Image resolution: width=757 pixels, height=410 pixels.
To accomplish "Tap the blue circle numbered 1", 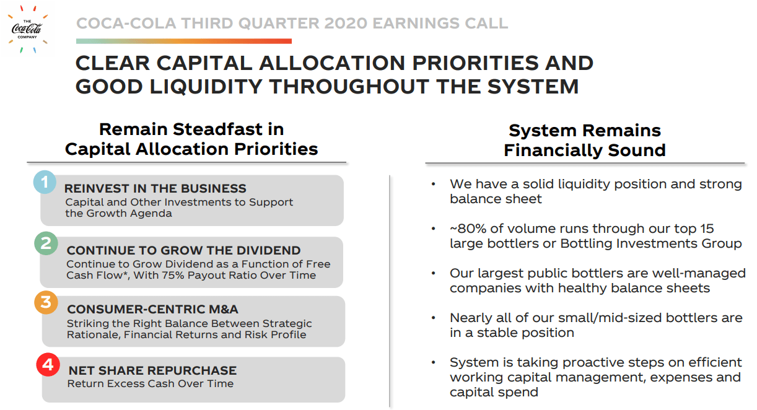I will (x=45, y=182).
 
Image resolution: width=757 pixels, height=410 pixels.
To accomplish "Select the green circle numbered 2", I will (x=46, y=244).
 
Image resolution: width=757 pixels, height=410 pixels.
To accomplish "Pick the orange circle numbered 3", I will (x=46, y=303).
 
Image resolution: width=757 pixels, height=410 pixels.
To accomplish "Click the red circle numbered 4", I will (x=48, y=364).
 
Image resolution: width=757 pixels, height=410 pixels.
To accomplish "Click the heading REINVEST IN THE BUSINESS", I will (x=155, y=189).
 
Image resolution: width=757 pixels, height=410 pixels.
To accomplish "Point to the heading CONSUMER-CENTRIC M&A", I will (x=152, y=310).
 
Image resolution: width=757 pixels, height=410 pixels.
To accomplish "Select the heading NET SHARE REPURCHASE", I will (x=152, y=370).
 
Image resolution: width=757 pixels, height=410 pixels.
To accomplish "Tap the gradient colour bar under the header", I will (x=183, y=41).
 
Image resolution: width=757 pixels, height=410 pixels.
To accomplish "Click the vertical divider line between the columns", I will (x=390, y=291).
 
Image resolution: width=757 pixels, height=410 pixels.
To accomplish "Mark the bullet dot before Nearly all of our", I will (x=434, y=318).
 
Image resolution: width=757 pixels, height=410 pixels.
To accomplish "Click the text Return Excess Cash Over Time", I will (x=151, y=384).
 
